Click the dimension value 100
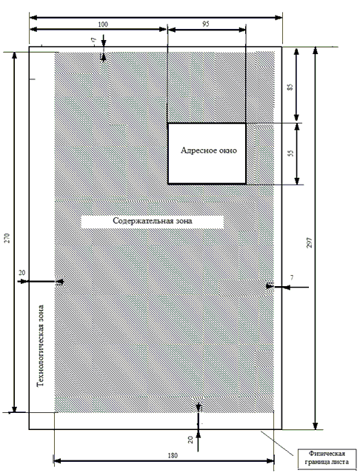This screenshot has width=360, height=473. (x=103, y=24)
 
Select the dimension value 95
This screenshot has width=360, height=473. (x=205, y=24)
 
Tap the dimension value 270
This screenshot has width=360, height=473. (x=8, y=238)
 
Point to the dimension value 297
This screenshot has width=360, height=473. (x=310, y=243)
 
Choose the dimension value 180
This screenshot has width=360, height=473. (x=173, y=455)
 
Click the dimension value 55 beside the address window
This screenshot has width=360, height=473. (x=290, y=153)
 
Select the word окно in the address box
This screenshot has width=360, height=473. (x=227, y=150)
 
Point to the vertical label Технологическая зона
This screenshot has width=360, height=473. (x=40, y=346)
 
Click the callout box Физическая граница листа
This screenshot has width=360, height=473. (x=327, y=457)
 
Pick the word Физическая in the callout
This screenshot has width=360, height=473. (x=327, y=454)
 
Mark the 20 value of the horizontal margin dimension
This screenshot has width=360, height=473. (x=22, y=273)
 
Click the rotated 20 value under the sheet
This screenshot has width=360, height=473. (x=190, y=440)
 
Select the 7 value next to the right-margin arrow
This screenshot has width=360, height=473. (x=292, y=278)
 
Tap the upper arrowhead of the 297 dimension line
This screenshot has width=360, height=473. (x=316, y=50)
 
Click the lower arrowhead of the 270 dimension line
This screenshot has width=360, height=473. (x=14, y=408)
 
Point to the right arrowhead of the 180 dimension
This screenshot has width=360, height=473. (x=270, y=460)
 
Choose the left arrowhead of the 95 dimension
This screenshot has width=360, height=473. (x=171, y=30)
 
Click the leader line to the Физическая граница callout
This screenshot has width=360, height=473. (x=277, y=443)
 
